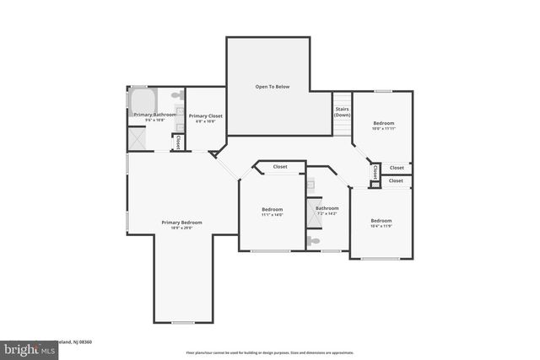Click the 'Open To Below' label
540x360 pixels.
point(273,87)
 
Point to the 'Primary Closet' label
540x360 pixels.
point(204,116)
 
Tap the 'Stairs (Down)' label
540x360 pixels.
point(342,110)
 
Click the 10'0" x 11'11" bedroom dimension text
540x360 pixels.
point(384,129)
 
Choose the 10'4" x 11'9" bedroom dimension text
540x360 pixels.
point(381,227)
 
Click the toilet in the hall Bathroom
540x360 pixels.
point(314,241)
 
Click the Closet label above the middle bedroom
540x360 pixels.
point(279,167)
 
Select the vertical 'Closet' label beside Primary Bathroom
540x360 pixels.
point(178,142)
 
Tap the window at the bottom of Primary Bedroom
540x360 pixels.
point(182,322)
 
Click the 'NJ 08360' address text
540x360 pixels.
point(80,342)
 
